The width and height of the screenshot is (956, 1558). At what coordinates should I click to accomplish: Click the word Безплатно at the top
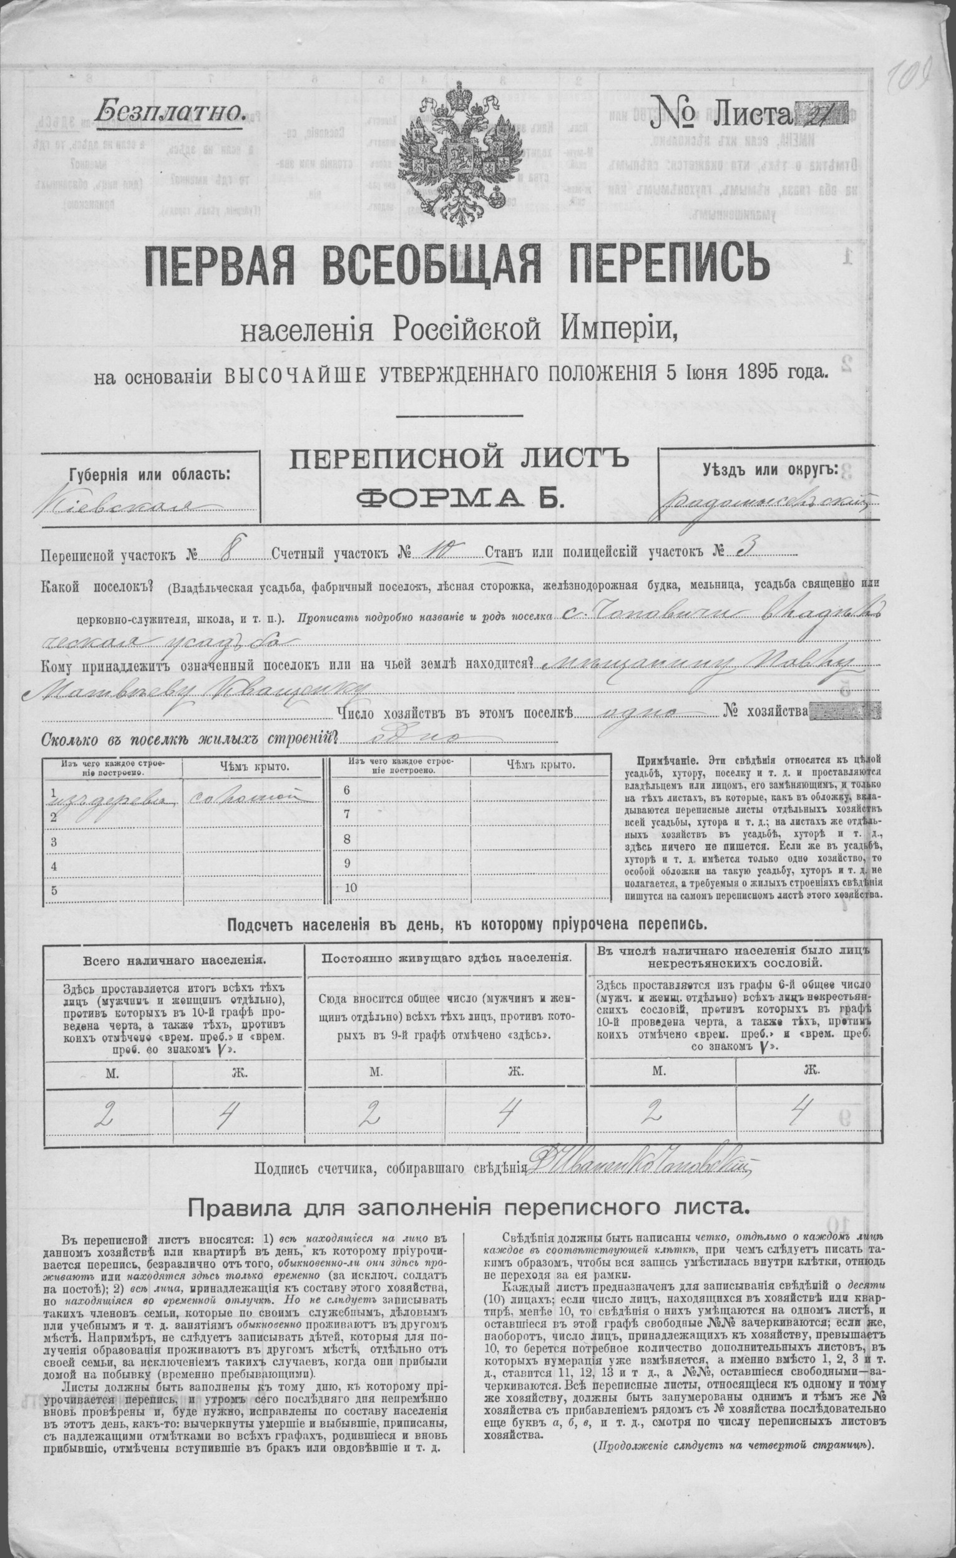tap(168, 112)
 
